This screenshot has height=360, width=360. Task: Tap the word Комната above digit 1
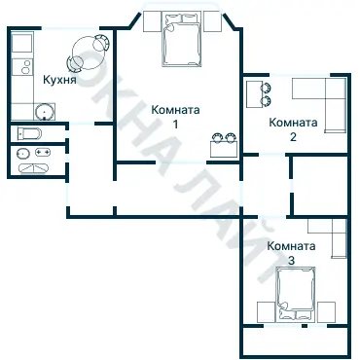tap(176, 111)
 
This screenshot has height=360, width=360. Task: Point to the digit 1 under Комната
tap(175, 125)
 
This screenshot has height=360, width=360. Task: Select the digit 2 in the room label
tap(293, 137)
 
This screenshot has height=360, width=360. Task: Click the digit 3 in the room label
tap(291, 261)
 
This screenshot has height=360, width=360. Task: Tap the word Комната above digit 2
tap(294, 124)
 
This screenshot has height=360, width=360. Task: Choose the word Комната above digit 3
tap(292, 247)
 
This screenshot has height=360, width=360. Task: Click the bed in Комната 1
tap(181, 41)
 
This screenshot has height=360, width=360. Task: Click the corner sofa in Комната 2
tap(325, 99)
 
